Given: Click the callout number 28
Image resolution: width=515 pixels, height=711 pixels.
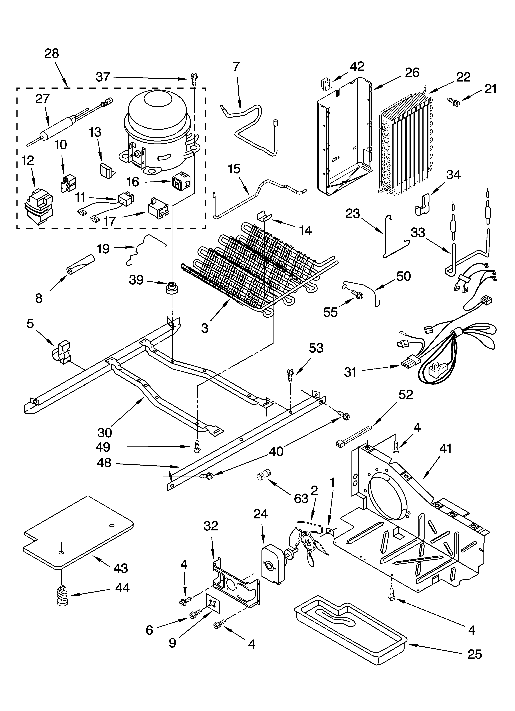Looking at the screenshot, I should [x=52, y=54].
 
